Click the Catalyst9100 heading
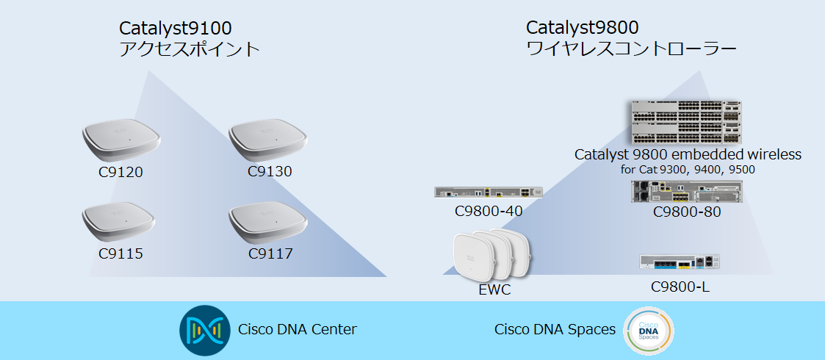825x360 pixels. (176, 29)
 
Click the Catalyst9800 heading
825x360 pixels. (582, 28)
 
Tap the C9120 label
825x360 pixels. (120, 173)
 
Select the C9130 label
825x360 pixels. (270, 172)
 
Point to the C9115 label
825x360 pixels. (120, 254)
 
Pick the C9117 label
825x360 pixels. (270, 254)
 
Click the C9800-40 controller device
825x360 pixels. (489, 192)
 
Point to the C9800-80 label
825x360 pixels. (687, 212)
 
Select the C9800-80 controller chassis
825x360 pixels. (686, 192)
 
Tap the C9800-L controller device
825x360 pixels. (680, 262)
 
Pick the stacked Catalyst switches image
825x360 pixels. (686, 123)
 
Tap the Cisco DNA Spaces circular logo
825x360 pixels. (648, 331)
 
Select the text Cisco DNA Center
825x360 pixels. (298, 329)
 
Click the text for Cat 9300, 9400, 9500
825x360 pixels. (688, 170)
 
